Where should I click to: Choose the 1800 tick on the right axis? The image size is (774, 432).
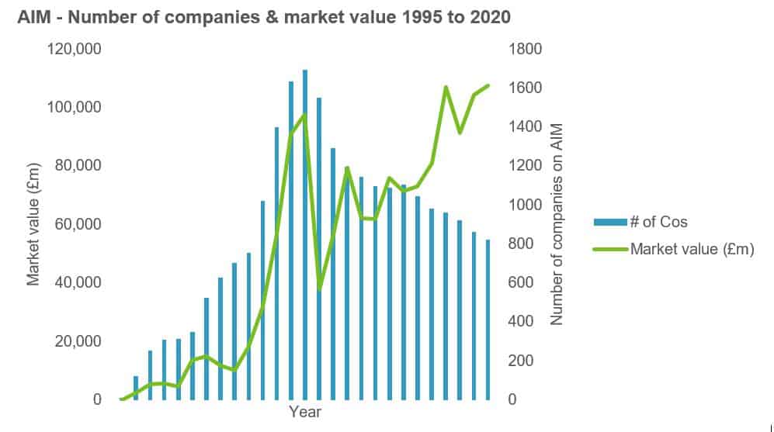tap(524, 49)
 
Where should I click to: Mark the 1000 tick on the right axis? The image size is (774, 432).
tap(524, 205)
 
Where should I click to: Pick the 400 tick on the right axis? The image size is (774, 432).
tap(521, 321)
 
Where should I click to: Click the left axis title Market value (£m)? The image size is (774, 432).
tap(33, 224)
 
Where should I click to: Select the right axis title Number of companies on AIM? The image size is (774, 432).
tap(556, 224)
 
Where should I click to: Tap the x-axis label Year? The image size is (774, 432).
tap(304, 413)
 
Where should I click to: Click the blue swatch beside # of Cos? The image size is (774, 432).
tap(610, 223)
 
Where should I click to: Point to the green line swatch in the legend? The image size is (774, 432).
tap(610, 249)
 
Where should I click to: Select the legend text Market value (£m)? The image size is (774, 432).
tap(692, 249)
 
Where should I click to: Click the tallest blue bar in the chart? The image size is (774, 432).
tap(305, 233)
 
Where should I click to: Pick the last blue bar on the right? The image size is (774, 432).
tap(488, 320)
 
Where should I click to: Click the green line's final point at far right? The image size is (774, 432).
tap(488, 85)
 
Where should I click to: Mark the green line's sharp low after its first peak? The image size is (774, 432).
tap(319, 290)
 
